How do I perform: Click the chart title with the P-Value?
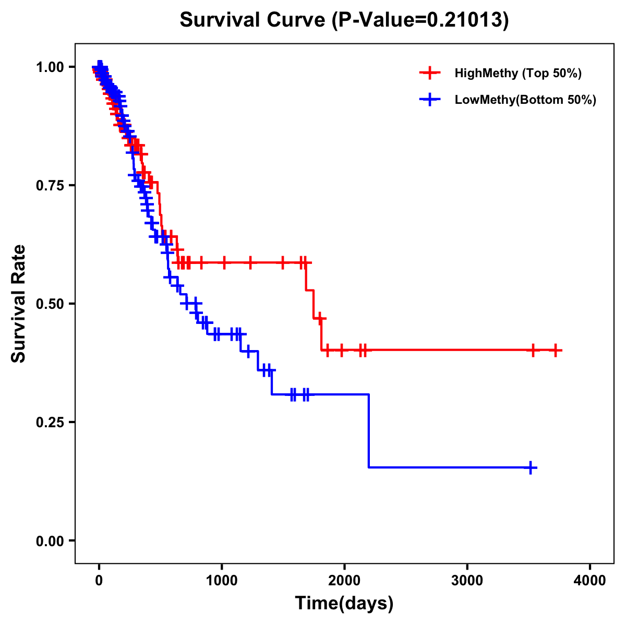tap(344, 20)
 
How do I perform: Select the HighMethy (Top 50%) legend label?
tap(518, 73)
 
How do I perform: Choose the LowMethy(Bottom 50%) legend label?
tap(525, 100)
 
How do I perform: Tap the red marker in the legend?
tap(429, 73)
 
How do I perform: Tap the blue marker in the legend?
tap(429, 100)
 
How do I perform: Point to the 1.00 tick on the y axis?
tap(50, 67)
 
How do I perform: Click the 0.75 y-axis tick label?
tap(50, 186)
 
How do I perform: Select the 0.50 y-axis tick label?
tap(50, 304)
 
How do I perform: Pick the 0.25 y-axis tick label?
tap(50, 423)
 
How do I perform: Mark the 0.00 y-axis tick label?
tap(50, 541)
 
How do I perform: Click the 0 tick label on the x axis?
tap(99, 581)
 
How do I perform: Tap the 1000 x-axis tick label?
tap(222, 581)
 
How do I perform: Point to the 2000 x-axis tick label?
tap(344, 581)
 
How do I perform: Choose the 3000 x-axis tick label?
tap(467, 581)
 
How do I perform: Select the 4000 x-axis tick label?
tap(590, 581)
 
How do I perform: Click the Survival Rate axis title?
tap(19, 304)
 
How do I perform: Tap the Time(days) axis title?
tap(344, 604)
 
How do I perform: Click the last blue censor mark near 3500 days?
tap(531, 467)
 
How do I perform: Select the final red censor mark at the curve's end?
tap(556, 350)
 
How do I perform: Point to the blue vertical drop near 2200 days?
tap(369, 431)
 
